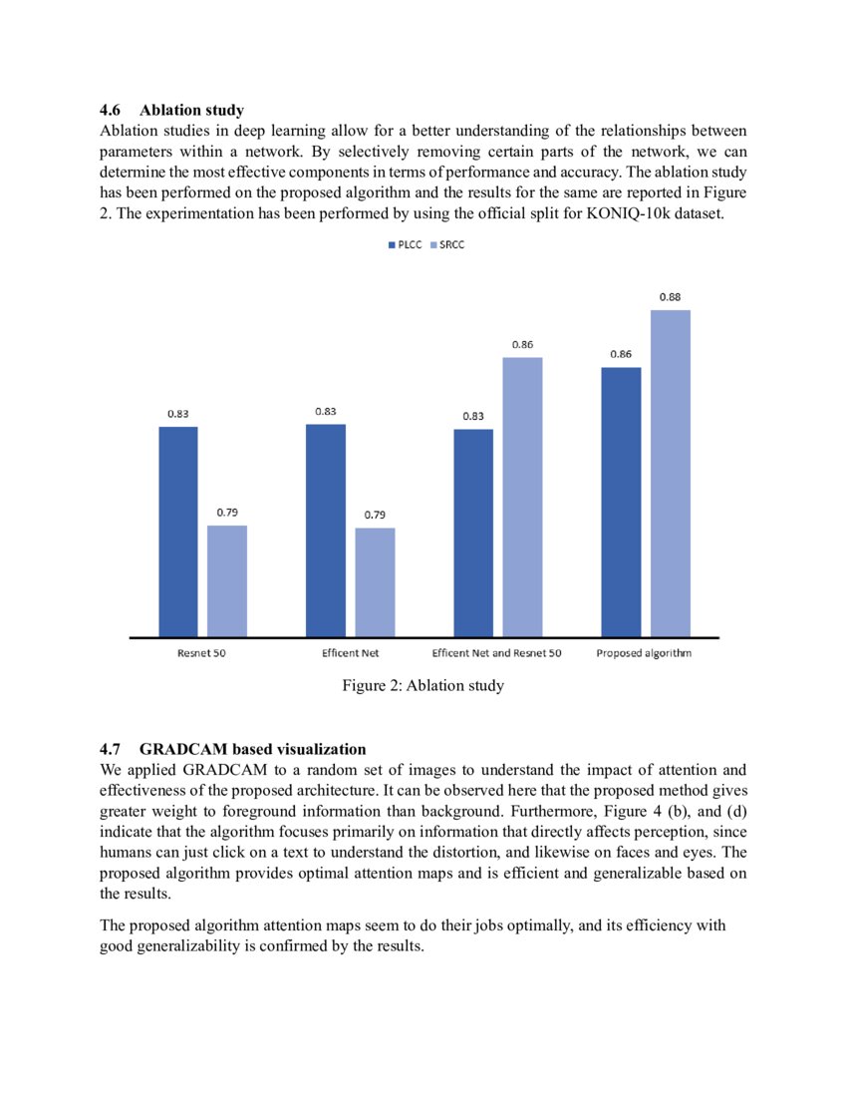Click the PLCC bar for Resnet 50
tap(178, 531)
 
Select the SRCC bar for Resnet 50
tap(227, 580)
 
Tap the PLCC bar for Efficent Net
tap(326, 530)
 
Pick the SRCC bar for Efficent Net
tap(375, 581)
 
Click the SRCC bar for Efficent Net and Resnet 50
tap(522, 496)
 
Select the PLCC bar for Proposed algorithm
tap(622, 501)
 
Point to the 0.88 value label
tap(671, 297)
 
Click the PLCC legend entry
tap(404, 244)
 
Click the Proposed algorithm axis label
tap(644, 653)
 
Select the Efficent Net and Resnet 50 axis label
tap(496, 653)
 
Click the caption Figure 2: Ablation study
tap(423, 686)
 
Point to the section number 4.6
tap(112, 110)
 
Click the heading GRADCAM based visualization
tap(253, 749)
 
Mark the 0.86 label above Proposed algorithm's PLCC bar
tap(621, 354)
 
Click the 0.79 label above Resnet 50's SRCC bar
tap(227, 513)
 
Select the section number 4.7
tap(112, 749)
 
